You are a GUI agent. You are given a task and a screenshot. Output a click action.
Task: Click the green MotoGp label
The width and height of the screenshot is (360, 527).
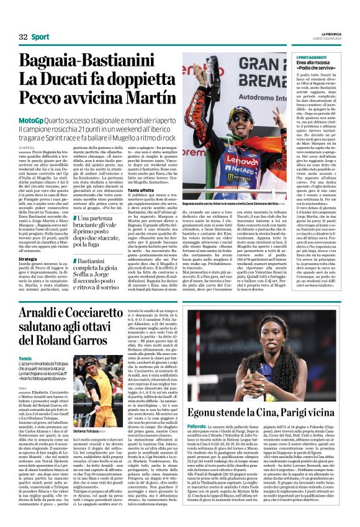(30, 119)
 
